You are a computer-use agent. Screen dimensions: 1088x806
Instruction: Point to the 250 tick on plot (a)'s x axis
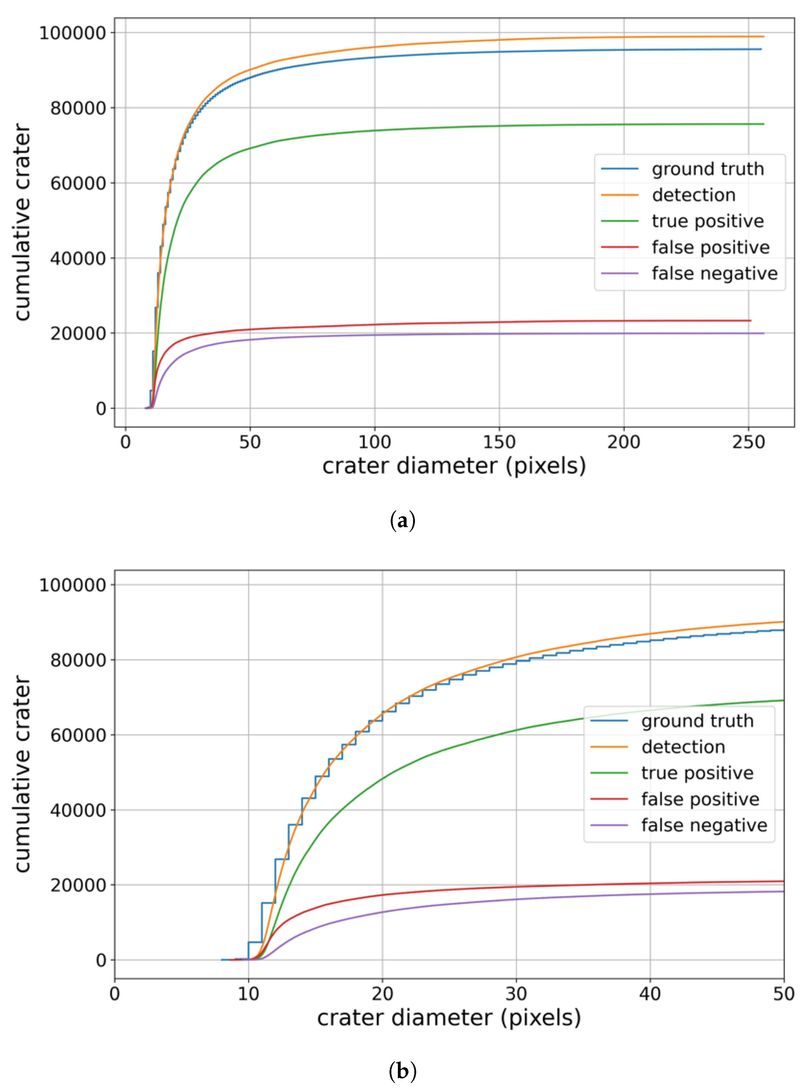point(748,442)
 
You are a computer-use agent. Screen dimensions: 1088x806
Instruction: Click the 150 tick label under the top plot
point(499,442)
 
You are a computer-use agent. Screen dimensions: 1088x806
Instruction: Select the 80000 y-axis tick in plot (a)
point(78,108)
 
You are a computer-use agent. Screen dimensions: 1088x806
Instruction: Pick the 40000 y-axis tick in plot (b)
point(78,810)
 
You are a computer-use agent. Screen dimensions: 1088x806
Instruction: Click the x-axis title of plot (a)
point(454,466)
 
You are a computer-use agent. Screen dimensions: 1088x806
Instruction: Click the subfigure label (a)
point(403,521)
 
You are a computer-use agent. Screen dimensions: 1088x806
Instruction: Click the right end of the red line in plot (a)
point(751,321)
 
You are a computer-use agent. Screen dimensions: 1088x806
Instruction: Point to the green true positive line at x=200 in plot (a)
point(623,125)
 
